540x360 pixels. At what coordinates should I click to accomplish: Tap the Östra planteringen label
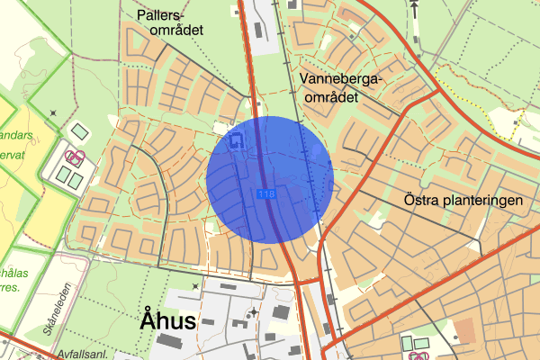(463, 201)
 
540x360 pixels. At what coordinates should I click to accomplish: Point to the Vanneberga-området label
(342, 87)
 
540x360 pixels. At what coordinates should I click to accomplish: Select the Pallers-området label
(171, 22)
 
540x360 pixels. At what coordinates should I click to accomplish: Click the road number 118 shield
(266, 194)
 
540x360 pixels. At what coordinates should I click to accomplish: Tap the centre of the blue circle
(270, 179)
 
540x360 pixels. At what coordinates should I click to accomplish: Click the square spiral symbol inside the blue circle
(237, 140)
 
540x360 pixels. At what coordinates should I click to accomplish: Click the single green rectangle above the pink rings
(81, 131)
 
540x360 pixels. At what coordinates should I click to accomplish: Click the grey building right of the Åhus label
(280, 312)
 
